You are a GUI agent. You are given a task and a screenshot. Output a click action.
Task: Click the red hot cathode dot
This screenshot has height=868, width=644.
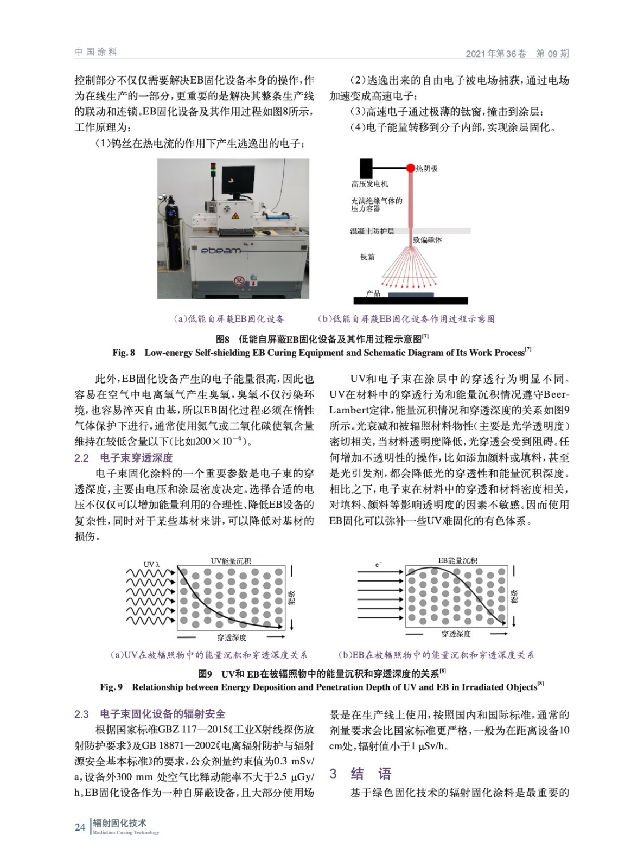[411, 168]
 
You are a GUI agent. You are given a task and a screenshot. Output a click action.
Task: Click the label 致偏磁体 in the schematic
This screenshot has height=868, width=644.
[427, 240]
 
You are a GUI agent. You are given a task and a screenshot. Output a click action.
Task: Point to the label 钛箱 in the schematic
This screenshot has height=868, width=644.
[367, 257]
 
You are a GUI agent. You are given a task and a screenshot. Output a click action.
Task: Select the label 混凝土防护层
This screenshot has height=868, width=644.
[372, 231]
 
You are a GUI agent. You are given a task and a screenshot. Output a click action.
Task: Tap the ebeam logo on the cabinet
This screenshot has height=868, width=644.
[221, 251]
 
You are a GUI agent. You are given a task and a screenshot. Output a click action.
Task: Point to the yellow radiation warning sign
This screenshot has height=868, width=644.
[235, 216]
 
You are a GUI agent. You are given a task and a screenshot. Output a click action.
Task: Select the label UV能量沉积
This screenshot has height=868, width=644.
[231, 561]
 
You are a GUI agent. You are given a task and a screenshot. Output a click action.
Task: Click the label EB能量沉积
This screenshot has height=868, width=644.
[457, 560]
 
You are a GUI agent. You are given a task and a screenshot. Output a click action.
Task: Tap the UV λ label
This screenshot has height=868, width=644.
[151, 565]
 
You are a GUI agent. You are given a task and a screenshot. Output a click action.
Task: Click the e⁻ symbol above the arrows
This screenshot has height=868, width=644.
[378, 565]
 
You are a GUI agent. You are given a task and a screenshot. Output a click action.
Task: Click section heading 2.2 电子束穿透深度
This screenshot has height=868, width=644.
[124, 458]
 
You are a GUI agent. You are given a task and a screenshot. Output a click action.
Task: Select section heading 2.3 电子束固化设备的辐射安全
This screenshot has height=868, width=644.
[150, 714]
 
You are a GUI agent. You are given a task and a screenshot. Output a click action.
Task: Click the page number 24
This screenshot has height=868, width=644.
[80, 827]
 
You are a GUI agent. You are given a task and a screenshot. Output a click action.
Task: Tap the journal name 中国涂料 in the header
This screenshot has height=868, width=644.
[96, 52]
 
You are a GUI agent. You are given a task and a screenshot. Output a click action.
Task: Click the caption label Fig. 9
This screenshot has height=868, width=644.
[111, 687]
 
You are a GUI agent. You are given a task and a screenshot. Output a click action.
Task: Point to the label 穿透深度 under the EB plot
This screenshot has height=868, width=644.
[456, 634]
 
